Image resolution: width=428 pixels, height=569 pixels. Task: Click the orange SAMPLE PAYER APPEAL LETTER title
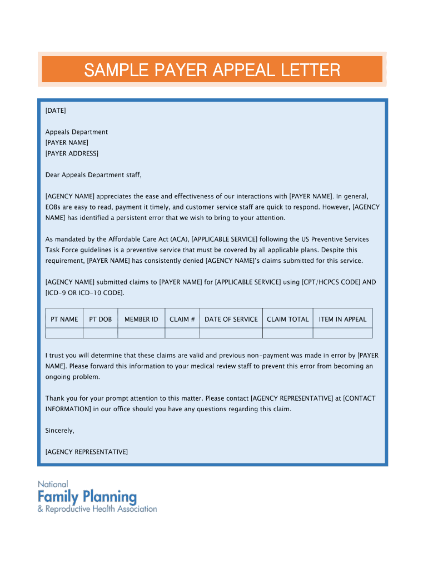tap(212, 70)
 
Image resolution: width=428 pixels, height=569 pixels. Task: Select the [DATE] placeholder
tap(56, 111)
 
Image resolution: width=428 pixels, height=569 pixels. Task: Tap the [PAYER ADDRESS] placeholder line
tap(72, 153)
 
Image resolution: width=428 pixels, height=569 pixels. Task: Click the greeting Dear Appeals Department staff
tap(93, 175)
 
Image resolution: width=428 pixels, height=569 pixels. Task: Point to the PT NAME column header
tap(64, 319)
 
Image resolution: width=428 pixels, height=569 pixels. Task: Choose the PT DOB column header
tap(101, 319)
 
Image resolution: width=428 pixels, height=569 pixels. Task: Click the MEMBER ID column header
tap(141, 319)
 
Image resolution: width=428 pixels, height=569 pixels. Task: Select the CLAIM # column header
tap(182, 319)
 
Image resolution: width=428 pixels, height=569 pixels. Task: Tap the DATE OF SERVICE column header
tap(231, 319)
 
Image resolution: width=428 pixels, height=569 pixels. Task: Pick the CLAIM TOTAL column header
tap(287, 319)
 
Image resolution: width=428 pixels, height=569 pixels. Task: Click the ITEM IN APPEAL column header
tap(342, 319)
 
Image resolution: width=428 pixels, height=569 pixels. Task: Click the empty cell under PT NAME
tap(64, 333)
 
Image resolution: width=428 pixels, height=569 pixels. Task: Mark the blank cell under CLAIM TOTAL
tap(287, 333)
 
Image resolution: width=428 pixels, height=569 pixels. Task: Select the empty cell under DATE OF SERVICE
tap(231, 333)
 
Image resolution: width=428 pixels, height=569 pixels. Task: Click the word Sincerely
tap(59, 431)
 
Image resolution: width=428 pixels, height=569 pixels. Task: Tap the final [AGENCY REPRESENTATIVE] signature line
tap(86, 452)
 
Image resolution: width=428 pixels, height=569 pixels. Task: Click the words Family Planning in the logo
tap(87, 496)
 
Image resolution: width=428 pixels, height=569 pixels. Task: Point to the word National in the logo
tap(53, 484)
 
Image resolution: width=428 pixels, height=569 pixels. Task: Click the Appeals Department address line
tap(77, 132)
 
